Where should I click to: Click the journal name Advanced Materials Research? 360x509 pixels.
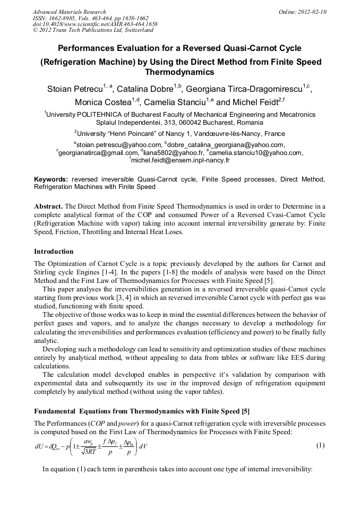point(69,12)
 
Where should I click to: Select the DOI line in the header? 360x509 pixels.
point(95,24)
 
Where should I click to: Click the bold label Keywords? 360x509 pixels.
point(51,179)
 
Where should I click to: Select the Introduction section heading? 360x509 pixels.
point(54,251)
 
